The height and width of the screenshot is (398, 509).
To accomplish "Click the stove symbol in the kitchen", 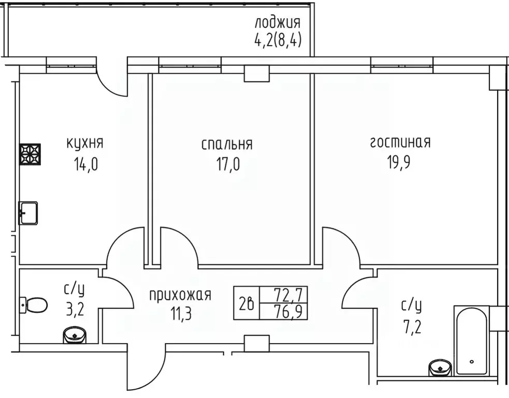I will tap(30, 154).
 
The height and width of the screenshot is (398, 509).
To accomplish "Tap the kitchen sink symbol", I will tap(28, 212).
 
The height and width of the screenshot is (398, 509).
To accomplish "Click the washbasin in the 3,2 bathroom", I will tap(75, 336).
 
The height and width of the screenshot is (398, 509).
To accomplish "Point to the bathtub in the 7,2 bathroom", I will tap(471, 340).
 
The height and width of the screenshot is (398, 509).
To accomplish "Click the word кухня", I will tap(85, 143).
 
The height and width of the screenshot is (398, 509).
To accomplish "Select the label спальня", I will tap(227, 144).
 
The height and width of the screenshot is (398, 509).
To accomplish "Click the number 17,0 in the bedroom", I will tap(228, 165).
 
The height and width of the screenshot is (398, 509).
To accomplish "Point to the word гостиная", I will tap(400, 143).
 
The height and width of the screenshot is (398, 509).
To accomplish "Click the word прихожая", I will tap(180, 295).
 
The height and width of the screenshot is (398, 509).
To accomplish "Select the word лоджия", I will tap(278, 23).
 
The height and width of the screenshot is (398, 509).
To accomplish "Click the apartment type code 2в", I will tap(246, 303).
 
